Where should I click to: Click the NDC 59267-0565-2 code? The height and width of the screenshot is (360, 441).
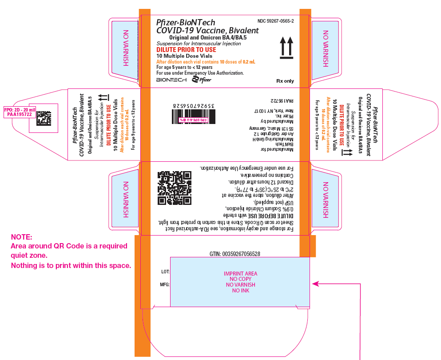click(275, 21)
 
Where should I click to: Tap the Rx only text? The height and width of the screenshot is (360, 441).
click(285, 81)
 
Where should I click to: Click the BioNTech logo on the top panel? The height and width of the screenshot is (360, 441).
click(171, 80)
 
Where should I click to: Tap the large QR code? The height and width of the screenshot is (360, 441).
click(175, 188)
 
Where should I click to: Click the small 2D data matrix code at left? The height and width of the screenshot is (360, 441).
click(43, 118)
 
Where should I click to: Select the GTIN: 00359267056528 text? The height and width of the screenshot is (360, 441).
click(234, 254)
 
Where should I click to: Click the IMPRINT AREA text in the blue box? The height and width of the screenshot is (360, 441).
click(240, 274)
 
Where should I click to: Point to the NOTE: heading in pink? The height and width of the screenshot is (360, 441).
click(21, 237)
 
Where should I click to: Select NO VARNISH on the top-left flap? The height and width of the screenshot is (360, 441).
click(126, 48)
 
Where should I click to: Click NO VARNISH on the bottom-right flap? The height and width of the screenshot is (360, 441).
click(326, 200)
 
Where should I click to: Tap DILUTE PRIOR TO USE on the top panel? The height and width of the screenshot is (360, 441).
click(186, 50)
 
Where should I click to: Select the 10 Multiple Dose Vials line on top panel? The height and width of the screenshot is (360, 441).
click(183, 56)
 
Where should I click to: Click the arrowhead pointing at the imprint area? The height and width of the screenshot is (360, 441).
click(315, 283)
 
